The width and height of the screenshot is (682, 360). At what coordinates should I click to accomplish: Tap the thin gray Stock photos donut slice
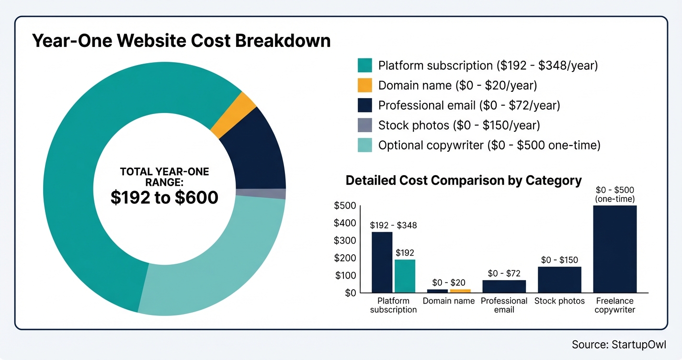[x=261, y=193]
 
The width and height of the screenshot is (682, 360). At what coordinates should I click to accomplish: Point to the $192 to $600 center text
[x=164, y=197]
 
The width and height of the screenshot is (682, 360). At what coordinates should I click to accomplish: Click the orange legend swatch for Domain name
[x=364, y=85]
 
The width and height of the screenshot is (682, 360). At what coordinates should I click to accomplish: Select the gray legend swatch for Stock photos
[x=364, y=125]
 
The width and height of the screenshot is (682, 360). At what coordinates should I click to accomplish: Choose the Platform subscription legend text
[x=488, y=66]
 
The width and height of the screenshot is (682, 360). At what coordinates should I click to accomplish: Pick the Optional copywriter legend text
[x=489, y=145]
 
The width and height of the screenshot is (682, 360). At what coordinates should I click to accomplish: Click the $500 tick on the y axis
[x=344, y=206]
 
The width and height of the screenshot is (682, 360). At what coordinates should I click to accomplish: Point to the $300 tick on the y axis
[x=344, y=240]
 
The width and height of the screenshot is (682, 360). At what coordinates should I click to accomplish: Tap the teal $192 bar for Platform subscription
[x=405, y=276]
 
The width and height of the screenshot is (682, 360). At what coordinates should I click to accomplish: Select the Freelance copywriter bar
[x=614, y=249]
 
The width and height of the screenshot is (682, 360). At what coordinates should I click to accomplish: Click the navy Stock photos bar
[x=559, y=280]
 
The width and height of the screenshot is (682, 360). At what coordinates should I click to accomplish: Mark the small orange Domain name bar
[x=460, y=291]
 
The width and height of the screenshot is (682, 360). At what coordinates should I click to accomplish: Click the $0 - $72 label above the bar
[x=504, y=273]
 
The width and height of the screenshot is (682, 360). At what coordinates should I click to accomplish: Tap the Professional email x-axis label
[x=504, y=305]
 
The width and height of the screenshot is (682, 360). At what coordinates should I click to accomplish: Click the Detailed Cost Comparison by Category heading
[x=463, y=180]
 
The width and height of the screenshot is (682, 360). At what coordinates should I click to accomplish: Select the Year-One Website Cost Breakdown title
[x=181, y=41]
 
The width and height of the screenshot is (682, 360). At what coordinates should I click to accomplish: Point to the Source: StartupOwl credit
[x=618, y=345]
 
